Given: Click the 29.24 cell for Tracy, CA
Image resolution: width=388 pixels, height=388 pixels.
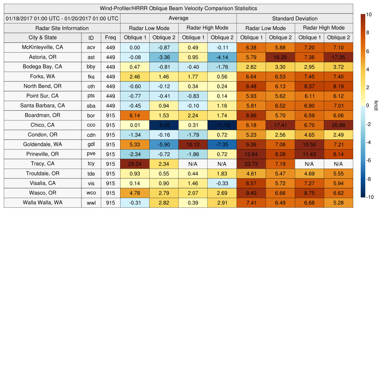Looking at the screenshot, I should pos(135,164).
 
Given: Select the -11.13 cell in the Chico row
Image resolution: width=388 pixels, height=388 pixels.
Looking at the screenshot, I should pos(222,125).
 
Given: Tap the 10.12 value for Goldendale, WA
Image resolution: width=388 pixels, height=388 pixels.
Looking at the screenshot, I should pos(193,144).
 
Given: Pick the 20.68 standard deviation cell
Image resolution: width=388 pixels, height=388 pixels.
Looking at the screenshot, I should pos(338,125).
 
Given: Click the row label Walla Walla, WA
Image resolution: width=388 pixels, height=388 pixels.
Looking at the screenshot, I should pos(42,202).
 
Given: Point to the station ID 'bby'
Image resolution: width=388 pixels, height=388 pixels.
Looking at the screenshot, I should pos(91,67).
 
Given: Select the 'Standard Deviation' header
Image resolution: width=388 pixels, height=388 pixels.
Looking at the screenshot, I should pos(295,19).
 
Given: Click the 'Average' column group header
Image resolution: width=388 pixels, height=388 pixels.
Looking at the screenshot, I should pos(178,18).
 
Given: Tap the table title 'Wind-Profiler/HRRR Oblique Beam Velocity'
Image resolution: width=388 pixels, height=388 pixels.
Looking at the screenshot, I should pos(178,8).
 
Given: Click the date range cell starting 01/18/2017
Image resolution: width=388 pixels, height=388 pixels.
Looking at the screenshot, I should pos(62,18).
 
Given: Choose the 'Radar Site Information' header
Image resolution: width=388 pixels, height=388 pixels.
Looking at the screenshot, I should pos(62,28).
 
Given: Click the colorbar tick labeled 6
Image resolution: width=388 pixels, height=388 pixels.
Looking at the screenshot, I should pos(368,51).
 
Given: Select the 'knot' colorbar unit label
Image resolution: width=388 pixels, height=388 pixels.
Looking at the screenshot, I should pos(376,106).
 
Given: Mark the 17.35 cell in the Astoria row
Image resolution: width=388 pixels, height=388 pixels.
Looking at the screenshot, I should pos(338,57).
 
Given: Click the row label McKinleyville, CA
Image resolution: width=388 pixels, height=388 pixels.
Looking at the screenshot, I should pos(42,47).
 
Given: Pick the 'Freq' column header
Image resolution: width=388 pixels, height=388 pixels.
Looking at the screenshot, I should pos(110,38).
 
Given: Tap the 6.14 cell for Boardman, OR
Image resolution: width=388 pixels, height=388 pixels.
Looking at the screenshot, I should pos(135,115).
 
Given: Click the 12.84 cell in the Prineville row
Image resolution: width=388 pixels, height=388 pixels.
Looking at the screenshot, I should pos(251,154).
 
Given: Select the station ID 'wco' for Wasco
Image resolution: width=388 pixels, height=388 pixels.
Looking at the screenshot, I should pos(91,193).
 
